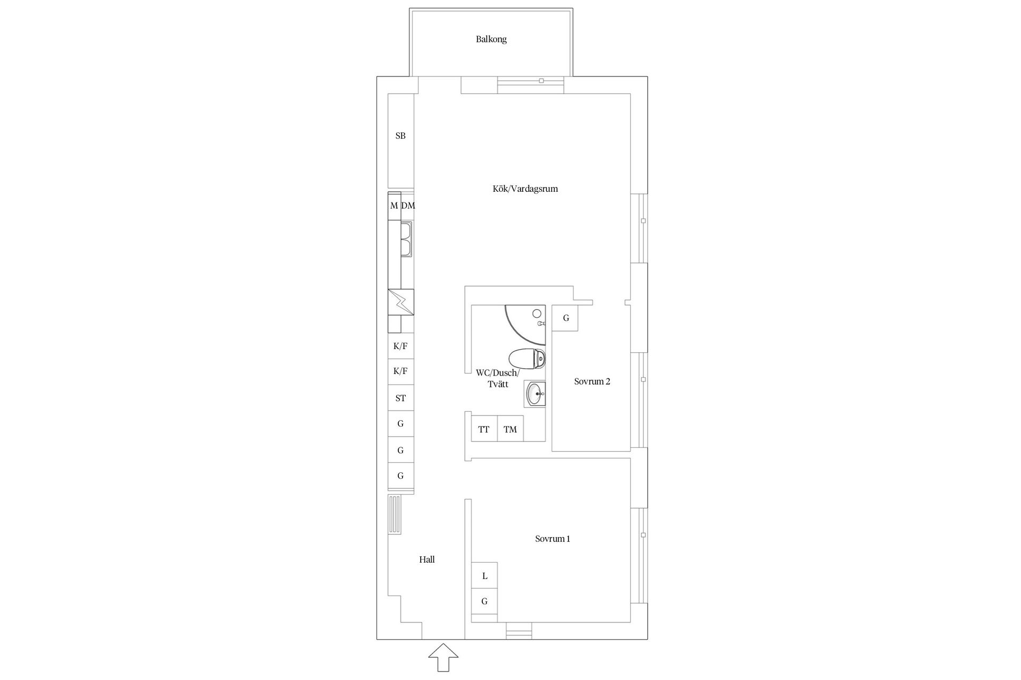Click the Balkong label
(x=491, y=39)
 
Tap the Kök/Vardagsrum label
(x=525, y=189)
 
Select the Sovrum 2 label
(x=592, y=381)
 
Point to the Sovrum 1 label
(x=553, y=539)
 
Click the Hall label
(x=427, y=559)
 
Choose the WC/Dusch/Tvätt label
(x=498, y=378)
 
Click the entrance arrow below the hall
(x=443, y=659)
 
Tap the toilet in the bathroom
(x=527, y=359)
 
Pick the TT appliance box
(x=484, y=429)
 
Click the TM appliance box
(x=510, y=429)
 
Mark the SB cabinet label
(x=400, y=136)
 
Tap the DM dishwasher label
(x=408, y=206)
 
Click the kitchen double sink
(x=407, y=239)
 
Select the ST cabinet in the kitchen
(x=400, y=398)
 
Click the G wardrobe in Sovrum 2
(x=565, y=318)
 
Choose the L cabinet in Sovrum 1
(x=484, y=576)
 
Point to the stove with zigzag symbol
(x=400, y=302)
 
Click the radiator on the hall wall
(x=394, y=515)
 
